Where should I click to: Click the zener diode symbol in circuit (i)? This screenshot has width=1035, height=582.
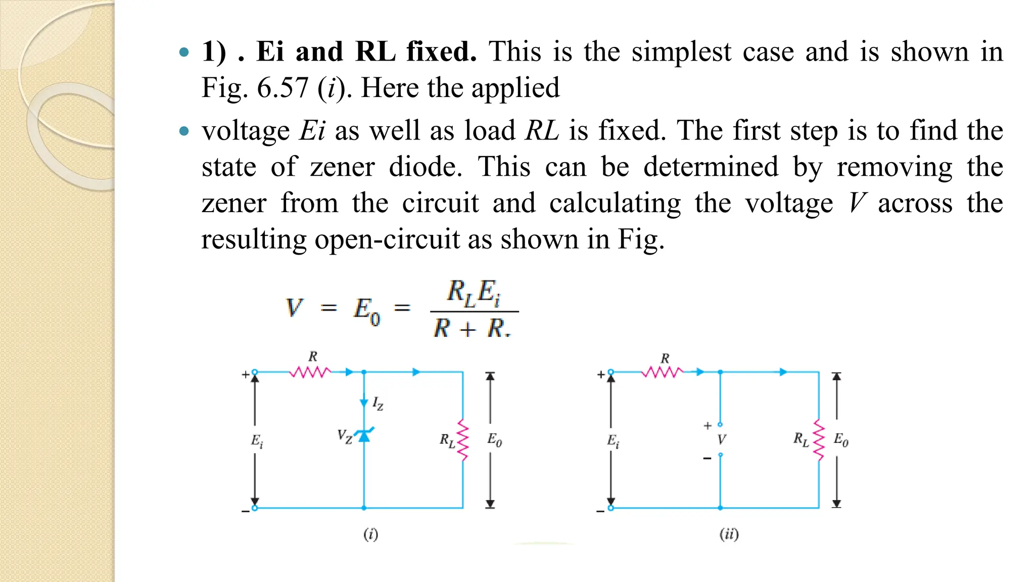click(x=364, y=435)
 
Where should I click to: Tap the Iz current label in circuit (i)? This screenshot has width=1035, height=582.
click(x=378, y=404)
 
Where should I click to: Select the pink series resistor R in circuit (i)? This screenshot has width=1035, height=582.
click(x=310, y=372)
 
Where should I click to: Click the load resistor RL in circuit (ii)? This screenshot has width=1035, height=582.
click(x=819, y=440)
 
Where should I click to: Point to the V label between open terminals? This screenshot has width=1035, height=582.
click(x=721, y=440)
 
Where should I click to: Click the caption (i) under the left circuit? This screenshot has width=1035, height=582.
click(x=370, y=534)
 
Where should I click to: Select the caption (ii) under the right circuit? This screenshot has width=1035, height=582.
click(x=729, y=534)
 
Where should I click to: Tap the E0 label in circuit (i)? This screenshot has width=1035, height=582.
click(x=494, y=440)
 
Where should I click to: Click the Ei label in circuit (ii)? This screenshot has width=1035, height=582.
click(x=613, y=441)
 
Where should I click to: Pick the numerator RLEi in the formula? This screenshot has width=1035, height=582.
click(x=474, y=293)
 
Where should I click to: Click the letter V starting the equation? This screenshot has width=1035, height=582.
click(x=294, y=307)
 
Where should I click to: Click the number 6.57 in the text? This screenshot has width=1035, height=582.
click(x=283, y=88)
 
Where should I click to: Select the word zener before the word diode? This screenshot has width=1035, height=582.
click(x=342, y=167)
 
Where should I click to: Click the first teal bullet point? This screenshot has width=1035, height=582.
click(x=184, y=52)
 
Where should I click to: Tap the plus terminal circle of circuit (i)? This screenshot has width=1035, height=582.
click(x=255, y=372)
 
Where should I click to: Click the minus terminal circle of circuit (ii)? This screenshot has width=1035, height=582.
click(x=610, y=508)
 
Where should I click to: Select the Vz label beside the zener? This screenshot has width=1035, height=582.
click(x=345, y=437)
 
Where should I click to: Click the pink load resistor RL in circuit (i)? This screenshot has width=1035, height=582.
click(x=463, y=440)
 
